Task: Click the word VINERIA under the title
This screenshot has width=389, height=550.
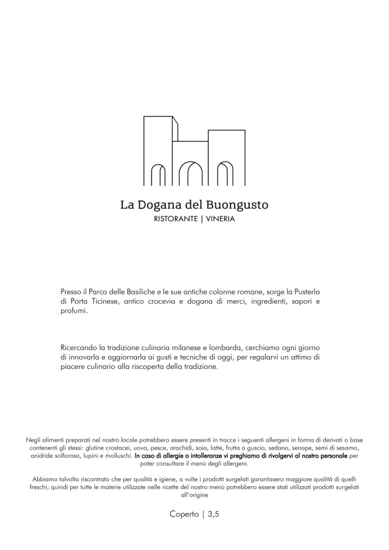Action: (x=221, y=219)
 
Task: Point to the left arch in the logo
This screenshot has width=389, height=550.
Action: (x=159, y=174)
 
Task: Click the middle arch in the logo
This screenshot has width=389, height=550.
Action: (x=194, y=173)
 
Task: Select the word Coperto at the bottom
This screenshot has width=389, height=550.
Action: (x=184, y=514)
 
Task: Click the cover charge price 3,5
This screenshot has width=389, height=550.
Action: (x=213, y=514)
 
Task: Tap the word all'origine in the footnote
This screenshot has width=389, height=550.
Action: (x=194, y=495)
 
